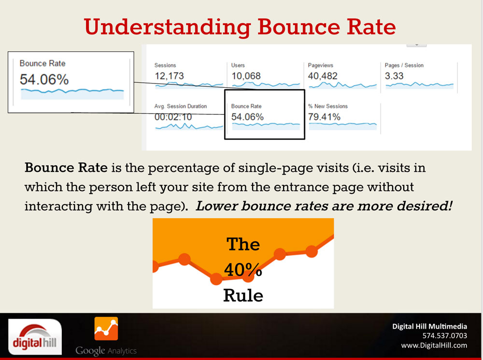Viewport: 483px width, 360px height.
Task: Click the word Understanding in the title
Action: [167, 28]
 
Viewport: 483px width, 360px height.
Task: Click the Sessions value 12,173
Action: [169, 76]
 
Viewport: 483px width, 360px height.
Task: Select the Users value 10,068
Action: [246, 76]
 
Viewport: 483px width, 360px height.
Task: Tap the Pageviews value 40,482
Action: [323, 76]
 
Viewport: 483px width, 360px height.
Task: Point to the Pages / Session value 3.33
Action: [394, 76]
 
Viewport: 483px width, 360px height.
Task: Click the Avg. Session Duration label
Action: [181, 106]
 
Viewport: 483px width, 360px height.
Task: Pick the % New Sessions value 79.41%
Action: [324, 117]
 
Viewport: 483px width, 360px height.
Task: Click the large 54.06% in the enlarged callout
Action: [44, 80]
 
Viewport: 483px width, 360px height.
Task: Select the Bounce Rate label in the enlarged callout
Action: [43, 63]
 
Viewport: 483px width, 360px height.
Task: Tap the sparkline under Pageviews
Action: [342, 85]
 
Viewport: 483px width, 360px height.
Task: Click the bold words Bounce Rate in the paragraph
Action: [66, 168]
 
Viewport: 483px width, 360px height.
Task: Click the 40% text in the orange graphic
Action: [243, 270]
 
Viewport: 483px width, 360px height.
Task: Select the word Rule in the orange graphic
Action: [243, 295]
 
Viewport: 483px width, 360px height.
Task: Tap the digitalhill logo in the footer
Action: [35, 337]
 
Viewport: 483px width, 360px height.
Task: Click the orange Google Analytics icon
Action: [106, 329]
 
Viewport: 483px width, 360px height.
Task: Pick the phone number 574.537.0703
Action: [444, 336]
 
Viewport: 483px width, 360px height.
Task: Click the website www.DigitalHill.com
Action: [434, 346]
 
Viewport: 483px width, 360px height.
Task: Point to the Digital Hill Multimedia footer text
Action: [429, 326]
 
